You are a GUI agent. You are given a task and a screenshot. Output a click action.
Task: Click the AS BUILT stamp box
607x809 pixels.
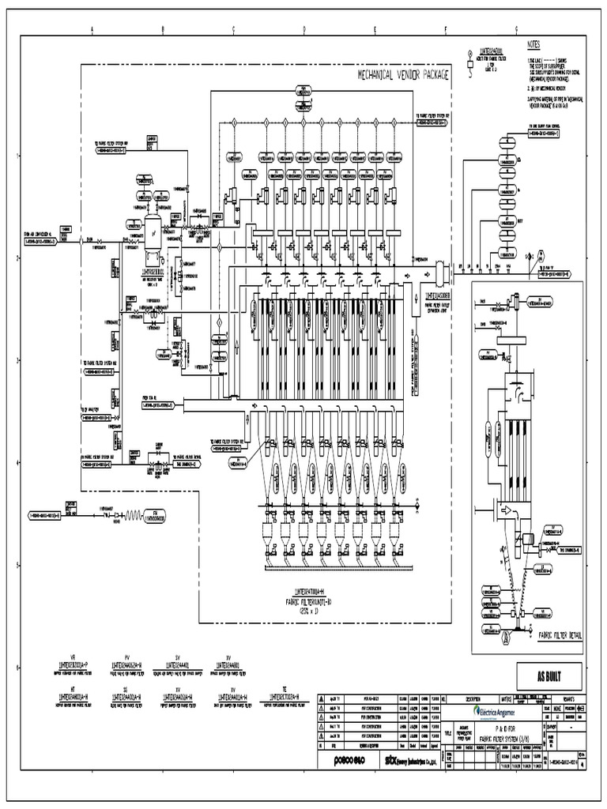tap(549, 675)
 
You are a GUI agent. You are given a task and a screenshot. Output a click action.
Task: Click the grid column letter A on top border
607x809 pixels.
tap(92, 31)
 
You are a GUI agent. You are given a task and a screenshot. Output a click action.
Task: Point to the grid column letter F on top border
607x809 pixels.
tap(445, 31)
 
